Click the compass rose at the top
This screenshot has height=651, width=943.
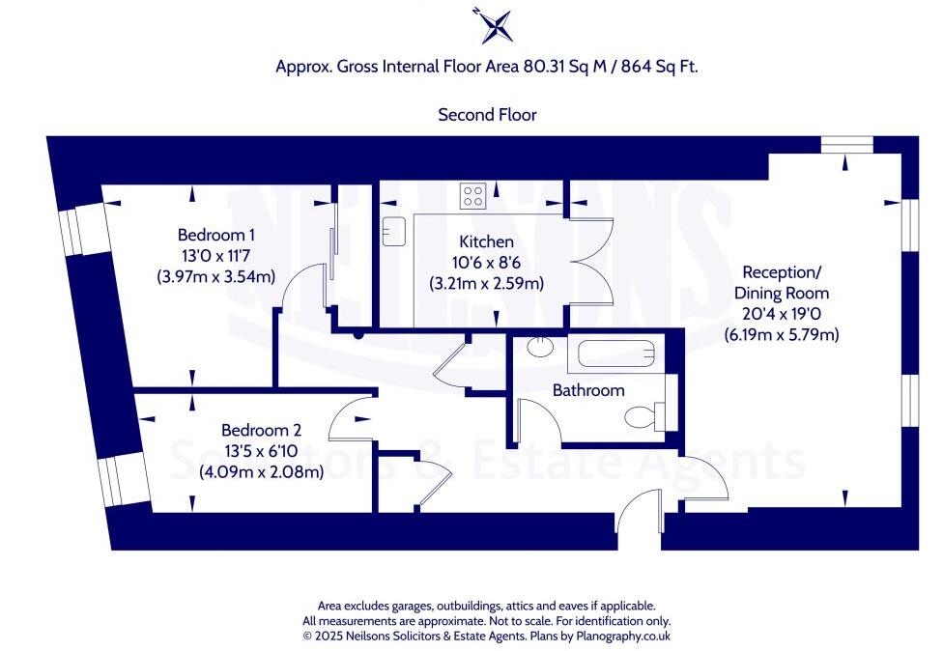click(493, 25)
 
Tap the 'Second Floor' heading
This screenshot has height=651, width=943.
click(487, 114)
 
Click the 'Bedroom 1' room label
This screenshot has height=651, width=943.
click(216, 235)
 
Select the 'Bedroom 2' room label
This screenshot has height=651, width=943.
click(261, 430)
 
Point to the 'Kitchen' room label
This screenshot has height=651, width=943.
click(486, 241)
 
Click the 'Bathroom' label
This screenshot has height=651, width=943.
click(588, 390)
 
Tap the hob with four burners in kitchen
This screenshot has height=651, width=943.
click(473, 196)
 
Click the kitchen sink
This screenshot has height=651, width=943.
click(393, 232)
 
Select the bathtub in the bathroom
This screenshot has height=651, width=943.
click(616, 354)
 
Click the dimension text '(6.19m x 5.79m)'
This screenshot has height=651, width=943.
click(781, 335)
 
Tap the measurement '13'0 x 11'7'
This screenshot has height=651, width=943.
click(216, 256)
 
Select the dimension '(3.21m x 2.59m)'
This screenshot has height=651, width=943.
click(486, 284)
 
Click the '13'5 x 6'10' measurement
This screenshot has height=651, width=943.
click(261, 451)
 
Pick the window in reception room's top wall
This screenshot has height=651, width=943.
click(847, 145)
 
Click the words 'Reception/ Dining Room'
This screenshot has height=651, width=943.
click(781, 282)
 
